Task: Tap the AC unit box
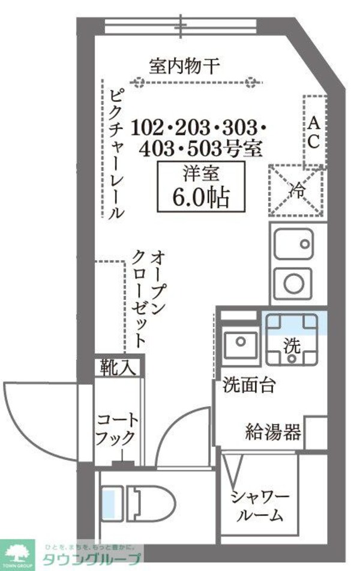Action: coord(314,131)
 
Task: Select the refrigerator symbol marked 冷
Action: coord(296,191)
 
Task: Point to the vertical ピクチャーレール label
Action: coord(118,154)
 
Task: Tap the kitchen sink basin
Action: coord(293,244)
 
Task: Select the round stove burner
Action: coord(293,284)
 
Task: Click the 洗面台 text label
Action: coord(249,385)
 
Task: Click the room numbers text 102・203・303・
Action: coord(199,128)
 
